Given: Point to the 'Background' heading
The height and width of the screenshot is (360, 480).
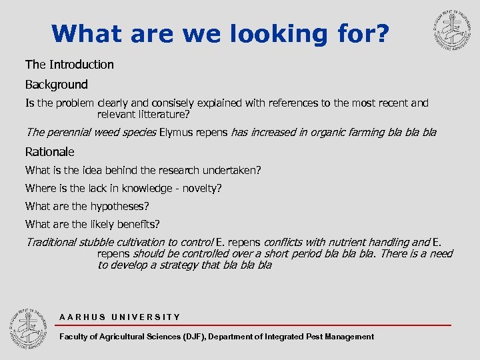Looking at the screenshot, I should (57, 85).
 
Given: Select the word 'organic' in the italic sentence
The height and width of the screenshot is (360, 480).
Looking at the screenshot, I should (324, 132).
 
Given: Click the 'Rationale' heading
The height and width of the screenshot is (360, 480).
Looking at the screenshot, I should (50, 152).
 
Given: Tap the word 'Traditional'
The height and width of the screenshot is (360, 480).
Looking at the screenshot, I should (51, 242).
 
